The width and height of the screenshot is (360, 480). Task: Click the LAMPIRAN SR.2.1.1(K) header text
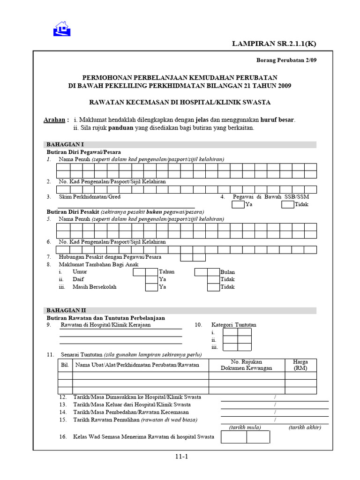pos(275,44)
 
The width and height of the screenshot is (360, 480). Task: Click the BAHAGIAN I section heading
pos(65,144)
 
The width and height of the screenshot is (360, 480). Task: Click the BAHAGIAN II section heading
pos(66,311)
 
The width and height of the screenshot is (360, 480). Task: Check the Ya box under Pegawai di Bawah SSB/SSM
pos(238,204)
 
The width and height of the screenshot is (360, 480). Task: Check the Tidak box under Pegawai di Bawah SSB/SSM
pos(288,204)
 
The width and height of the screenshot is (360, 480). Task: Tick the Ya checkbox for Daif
pos(151,279)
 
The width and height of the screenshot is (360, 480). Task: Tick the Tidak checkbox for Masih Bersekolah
pos(213,287)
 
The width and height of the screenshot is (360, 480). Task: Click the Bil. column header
pos(65,365)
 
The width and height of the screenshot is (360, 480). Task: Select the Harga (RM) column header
pos(300,365)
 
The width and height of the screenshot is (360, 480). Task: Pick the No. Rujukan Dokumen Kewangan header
pos(247,365)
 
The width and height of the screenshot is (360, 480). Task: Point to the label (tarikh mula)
pos(245,427)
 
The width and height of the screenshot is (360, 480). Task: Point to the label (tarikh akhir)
pos(305,427)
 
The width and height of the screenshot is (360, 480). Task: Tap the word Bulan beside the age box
pos(228,272)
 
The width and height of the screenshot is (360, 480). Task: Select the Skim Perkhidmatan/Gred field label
pos(90,197)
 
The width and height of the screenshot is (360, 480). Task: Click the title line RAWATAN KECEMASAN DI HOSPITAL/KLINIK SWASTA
pos(180,102)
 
